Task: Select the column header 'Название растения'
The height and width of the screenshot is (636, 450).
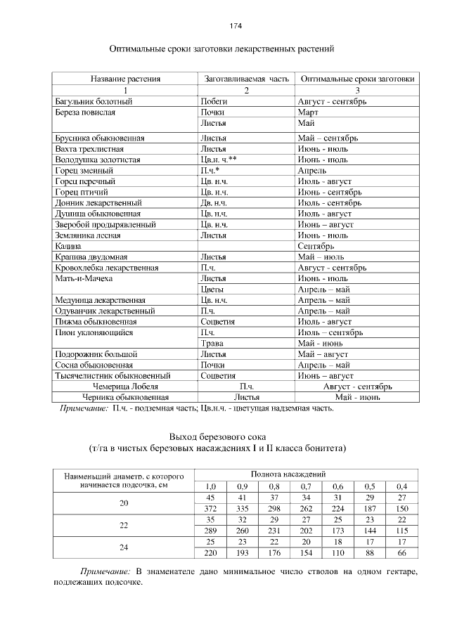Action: pyautogui.click(x=124, y=79)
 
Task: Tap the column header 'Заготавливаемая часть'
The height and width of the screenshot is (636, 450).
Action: pyautogui.click(x=245, y=79)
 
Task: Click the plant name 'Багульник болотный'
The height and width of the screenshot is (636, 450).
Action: pyautogui.click(x=94, y=101)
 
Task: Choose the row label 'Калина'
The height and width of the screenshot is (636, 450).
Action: pyautogui.click(x=67, y=247)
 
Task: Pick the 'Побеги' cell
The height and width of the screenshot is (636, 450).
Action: pyautogui.click(x=214, y=101)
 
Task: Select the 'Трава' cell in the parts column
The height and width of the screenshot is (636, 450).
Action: pyautogui.click(x=212, y=343)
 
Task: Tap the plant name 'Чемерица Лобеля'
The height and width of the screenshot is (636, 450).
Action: pyautogui.click(x=125, y=386)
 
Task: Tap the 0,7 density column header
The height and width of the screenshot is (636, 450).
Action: pyautogui.click(x=306, y=486)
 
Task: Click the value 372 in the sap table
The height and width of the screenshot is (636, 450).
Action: pyautogui.click(x=210, y=508)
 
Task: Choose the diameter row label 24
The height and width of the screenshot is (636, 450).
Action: pyautogui.click(x=124, y=548)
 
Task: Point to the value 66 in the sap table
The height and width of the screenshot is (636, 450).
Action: pyautogui.click(x=401, y=553)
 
